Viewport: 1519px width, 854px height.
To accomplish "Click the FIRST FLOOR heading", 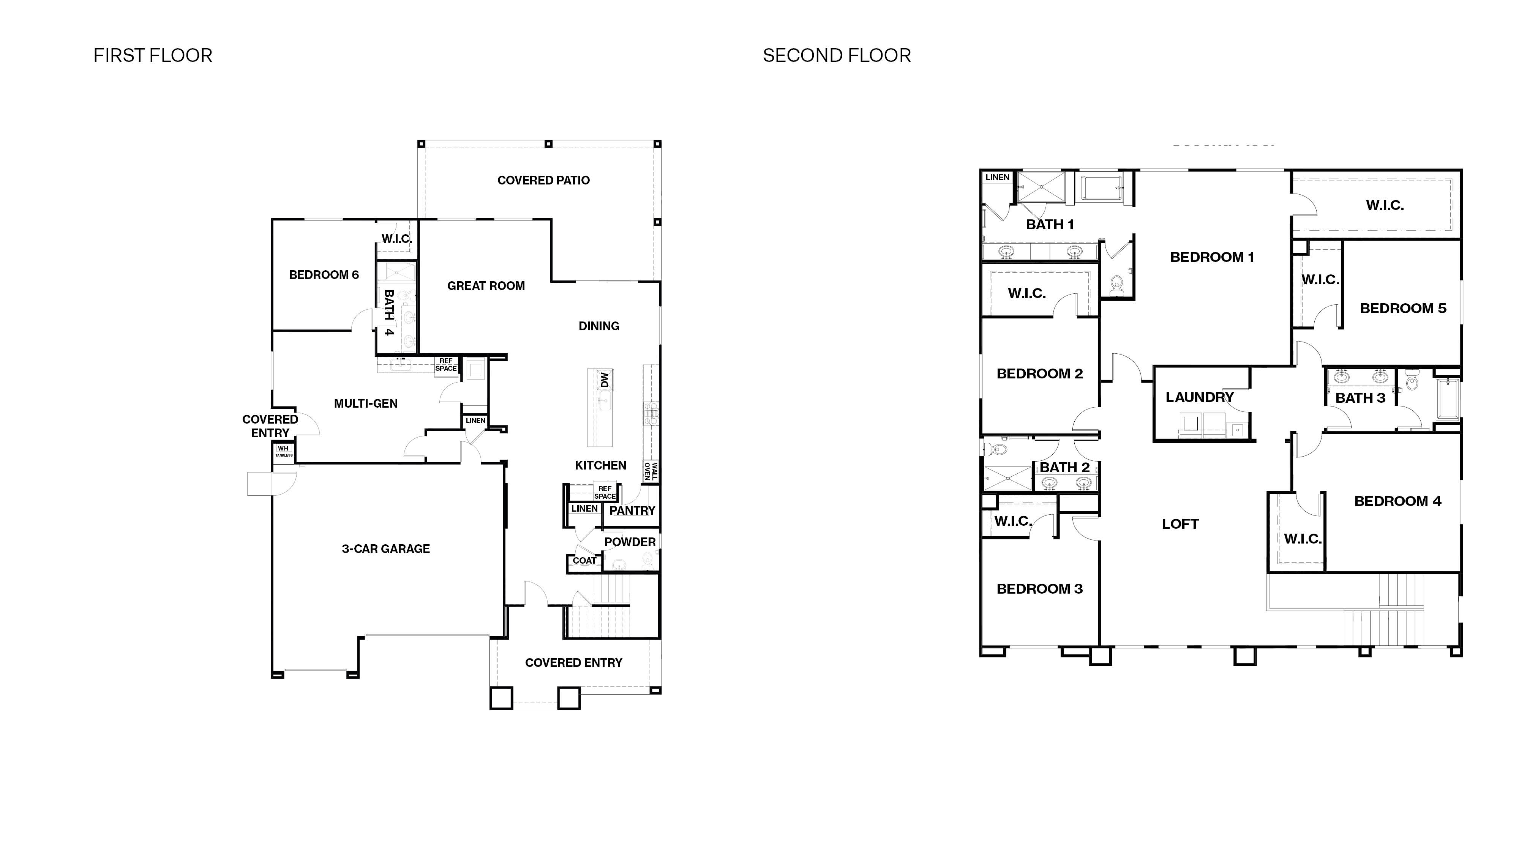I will click(x=153, y=55).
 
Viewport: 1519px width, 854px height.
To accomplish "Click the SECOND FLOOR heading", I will click(x=836, y=55).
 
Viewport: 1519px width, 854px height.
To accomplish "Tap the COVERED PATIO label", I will click(x=543, y=180).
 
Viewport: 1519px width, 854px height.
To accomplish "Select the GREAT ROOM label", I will click(x=486, y=286).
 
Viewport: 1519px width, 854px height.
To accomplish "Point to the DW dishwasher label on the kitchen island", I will click(x=604, y=380).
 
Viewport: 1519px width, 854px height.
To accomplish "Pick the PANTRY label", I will click(x=632, y=511).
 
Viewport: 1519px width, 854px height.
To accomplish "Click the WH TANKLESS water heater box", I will click(x=284, y=451).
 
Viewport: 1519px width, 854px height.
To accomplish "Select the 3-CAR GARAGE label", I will click(x=386, y=549).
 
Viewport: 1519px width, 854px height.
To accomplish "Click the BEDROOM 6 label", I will click(x=324, y=275).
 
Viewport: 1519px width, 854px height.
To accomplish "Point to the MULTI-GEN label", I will click(x=366, y=404).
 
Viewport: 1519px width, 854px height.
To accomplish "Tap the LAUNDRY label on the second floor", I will click(x=1199, y=397).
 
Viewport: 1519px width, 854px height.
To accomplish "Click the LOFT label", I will click(x=1180, y=524).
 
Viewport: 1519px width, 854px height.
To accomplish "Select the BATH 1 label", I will click(x=1050, y=225).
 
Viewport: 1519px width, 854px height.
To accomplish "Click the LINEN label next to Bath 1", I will click(x=997, y=177).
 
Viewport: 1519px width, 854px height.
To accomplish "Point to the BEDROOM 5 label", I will click(x=1403, y=308).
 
